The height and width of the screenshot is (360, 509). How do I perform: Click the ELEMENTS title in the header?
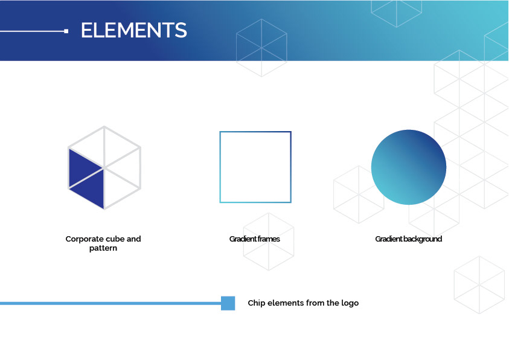point(134,30)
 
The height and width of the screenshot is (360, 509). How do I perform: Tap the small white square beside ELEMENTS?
point(66,31)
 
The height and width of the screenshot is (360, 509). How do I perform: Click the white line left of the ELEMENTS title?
point(32,31)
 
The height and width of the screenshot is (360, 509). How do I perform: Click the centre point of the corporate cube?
point(104,168)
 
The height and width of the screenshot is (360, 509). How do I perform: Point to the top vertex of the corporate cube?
point(104,127)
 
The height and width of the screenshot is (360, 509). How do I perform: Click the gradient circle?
point(409,167)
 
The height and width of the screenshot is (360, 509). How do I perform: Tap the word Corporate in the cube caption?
point(85,239)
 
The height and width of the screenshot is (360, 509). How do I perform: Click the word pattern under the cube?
point(103,248)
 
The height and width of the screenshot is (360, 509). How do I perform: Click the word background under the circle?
point(422,239)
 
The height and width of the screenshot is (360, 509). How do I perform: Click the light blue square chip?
point(228,303)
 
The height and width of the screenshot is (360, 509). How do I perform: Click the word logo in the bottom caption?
point(350,303)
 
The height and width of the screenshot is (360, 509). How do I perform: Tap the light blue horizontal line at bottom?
point(110,303)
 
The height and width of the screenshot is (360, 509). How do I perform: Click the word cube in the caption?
point(115,239)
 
